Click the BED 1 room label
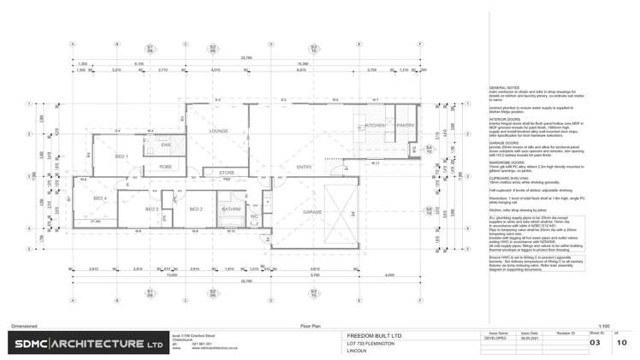[x=121, y=156]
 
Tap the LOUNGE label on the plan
[x=219, y=131]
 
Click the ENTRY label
[x=305, y=167]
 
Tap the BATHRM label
[x=230, y=209]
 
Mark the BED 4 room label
[x=100, y=198]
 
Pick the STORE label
[x=227, y=173]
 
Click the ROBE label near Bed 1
[x=165, y=167]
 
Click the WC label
[x=254, y=215]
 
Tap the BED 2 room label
[x=195, y=209]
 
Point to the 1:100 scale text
[x=604, y=326]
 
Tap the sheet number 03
[x=596, y=342]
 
